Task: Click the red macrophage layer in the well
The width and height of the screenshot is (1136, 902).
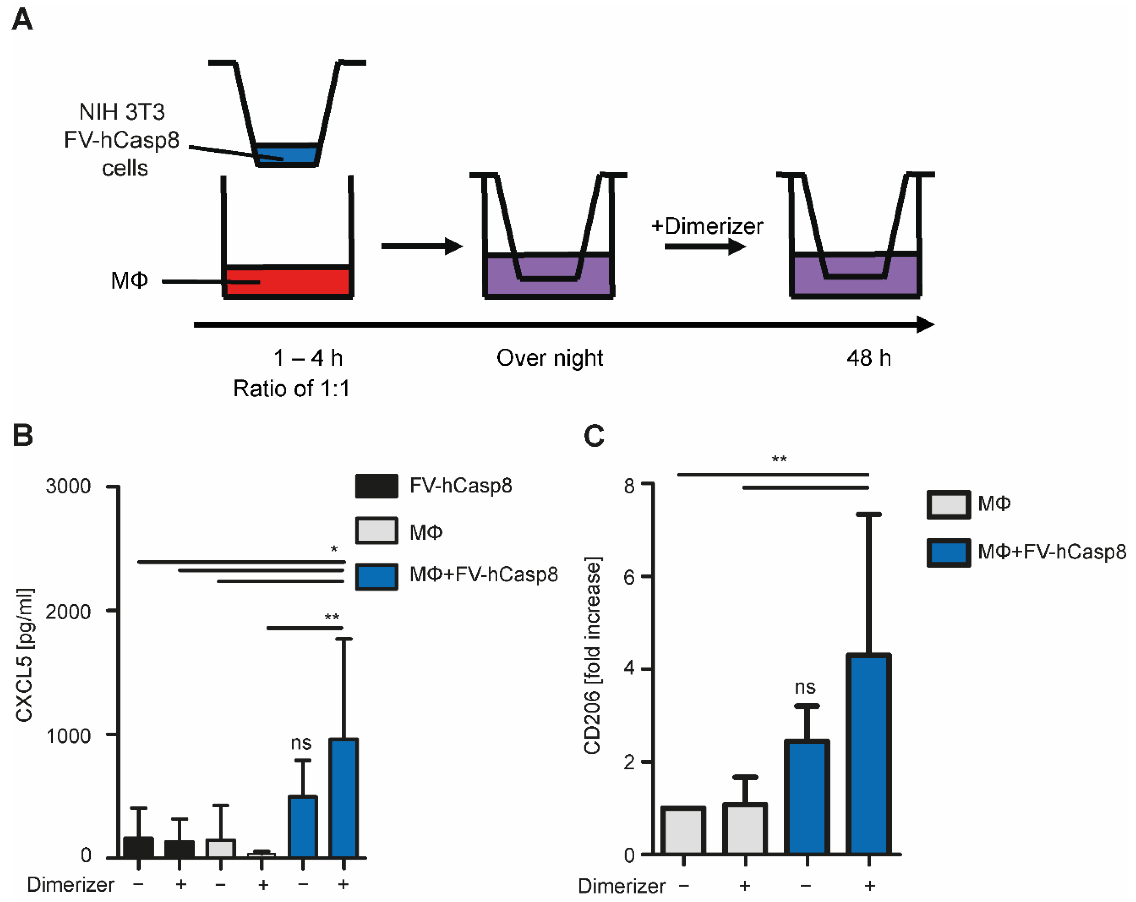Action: [287, 282]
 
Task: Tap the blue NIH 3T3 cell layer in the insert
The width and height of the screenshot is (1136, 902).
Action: [287, 154]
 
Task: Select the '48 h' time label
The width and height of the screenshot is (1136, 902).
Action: [868, 358]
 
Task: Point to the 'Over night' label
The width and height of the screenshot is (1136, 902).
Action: [549, 358]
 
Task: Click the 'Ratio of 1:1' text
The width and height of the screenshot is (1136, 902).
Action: [291, 389]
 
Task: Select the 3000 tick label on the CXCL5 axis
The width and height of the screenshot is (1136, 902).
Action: [68, 486]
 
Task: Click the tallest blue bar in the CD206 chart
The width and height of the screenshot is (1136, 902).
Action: [868, 753]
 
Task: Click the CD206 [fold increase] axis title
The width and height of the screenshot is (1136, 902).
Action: [592, 656]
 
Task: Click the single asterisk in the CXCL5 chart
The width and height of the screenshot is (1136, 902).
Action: [334, 550]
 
